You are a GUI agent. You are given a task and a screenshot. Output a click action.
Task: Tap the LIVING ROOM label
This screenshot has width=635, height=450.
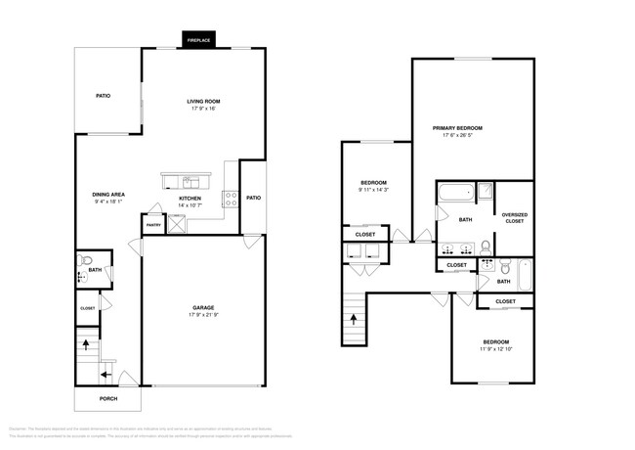205,101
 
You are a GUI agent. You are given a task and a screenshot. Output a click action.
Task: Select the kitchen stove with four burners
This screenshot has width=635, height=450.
231,199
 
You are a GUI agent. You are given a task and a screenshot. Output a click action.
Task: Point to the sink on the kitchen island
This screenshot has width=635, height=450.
188,180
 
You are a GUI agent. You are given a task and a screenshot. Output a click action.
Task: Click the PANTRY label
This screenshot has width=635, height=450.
153,225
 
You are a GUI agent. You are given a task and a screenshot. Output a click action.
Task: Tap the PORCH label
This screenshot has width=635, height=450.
107,398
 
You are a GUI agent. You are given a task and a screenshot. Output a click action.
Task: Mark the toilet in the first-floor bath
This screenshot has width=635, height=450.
86,261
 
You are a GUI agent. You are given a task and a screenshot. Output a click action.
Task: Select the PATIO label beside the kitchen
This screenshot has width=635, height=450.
253,199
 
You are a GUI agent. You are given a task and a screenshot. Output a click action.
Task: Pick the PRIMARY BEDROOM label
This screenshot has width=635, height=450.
471,128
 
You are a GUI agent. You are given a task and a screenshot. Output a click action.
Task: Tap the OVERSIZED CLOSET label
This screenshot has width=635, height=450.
514,217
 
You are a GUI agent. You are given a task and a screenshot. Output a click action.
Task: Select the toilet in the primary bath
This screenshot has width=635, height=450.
504,265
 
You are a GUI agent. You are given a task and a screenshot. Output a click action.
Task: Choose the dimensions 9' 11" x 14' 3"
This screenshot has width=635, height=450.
374,190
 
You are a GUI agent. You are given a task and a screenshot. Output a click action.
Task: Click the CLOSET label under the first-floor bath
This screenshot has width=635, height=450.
88,308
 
